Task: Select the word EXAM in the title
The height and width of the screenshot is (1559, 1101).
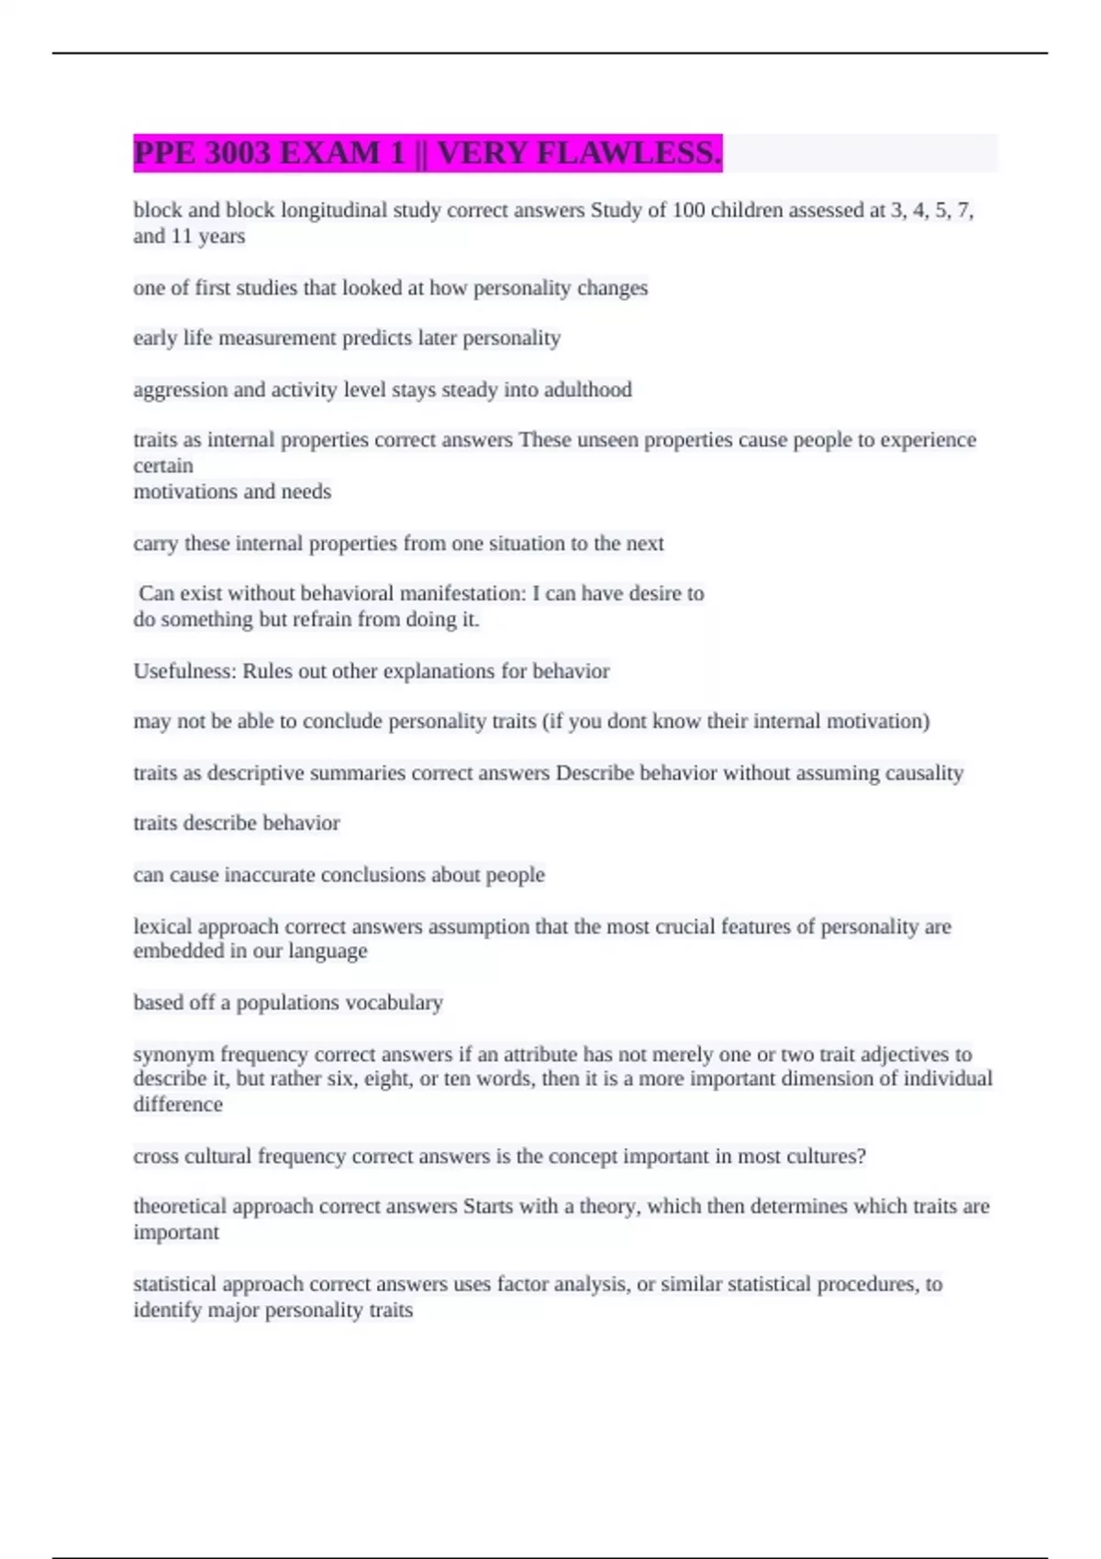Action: [341, 152]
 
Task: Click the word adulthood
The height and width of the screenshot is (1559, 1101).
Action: [588, 390]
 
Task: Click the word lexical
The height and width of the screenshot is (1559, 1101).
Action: [162, 926]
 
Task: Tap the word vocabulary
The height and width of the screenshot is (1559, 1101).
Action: [397, 1002]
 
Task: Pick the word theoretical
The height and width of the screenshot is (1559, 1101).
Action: [179, 1206]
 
